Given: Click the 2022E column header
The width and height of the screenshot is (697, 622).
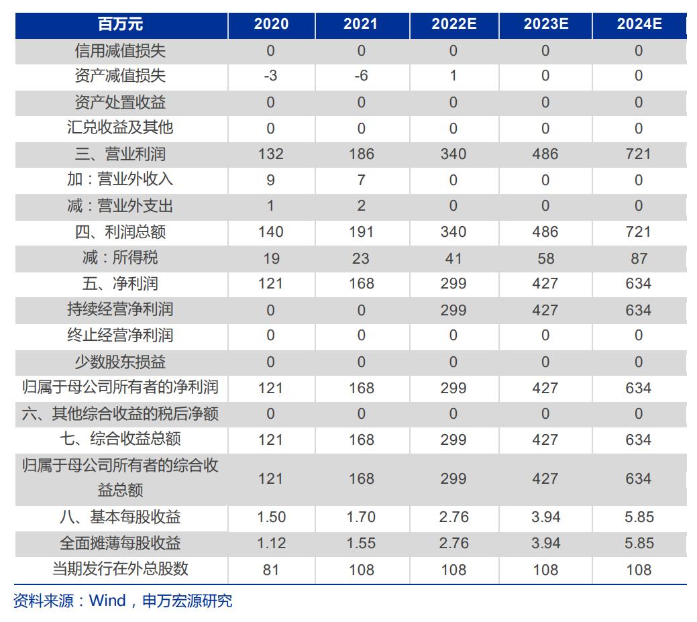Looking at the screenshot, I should (x=453, y=24).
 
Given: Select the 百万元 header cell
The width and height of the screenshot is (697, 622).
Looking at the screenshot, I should (x=121, y=24).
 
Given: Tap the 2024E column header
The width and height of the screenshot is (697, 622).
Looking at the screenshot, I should (x=639, y=24).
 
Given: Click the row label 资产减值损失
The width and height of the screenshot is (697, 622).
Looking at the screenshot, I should (x=121, y=76).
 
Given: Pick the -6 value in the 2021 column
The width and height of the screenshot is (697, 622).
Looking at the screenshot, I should (x=361, y=76).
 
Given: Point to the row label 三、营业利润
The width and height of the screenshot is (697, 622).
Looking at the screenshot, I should (x=121, y=154).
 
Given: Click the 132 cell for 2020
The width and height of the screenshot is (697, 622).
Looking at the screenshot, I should (x=270, y=154).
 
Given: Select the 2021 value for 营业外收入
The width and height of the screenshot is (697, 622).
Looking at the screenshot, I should (x=361, y=180).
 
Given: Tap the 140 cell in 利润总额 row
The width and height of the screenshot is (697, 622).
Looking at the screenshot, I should (x=270, y=231).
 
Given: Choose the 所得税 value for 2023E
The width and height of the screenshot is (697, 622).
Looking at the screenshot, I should (x=545, y=258).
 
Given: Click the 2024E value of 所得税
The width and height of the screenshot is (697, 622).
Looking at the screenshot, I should (x=639, y=258).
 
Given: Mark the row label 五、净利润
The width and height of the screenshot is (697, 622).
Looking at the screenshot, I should (x=121, y=283).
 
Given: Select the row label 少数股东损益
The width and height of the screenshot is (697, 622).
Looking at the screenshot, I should (x=121, y=362).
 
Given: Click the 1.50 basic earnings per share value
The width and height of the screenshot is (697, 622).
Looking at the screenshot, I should (x=270, y=517).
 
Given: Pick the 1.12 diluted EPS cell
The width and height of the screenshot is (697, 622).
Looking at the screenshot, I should (x=270, y=543).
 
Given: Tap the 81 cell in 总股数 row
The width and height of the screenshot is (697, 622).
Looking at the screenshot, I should (x=270, y=570).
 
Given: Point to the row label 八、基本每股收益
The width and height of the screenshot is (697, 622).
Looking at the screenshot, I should (x=121, y=517).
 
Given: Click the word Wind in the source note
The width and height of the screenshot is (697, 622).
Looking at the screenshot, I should (x=107, y=601).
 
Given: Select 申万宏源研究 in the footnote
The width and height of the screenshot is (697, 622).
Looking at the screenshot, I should (x=187, y=601).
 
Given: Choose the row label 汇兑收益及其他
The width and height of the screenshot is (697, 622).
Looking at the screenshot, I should (x=121, y=127).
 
